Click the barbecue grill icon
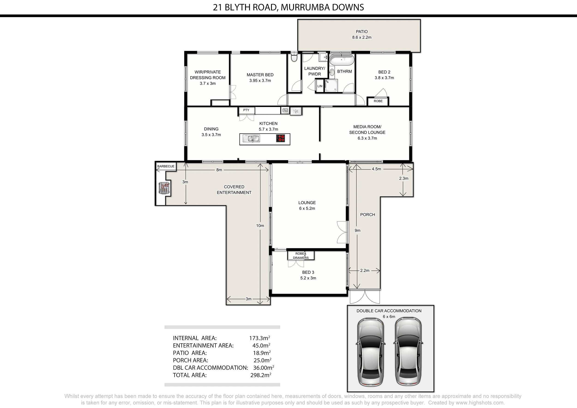[164, 188]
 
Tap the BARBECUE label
[166, 166]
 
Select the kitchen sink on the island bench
[251, 139]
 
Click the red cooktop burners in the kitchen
[280, 139]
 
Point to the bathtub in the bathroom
[342, 60]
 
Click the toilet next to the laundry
[294, 57]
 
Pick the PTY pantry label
[246, 110]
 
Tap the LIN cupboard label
[320, 86]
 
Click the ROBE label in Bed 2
[378, 101]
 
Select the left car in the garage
[370, 352]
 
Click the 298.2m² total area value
[261, 375]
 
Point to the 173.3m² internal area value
[260, 338]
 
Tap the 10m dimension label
[260, 226]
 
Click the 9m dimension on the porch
[357, 230]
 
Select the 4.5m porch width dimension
[376, 169]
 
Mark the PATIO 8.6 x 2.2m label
[362, 34]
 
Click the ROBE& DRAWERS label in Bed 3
[301, 256]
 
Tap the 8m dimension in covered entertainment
[219, 170]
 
